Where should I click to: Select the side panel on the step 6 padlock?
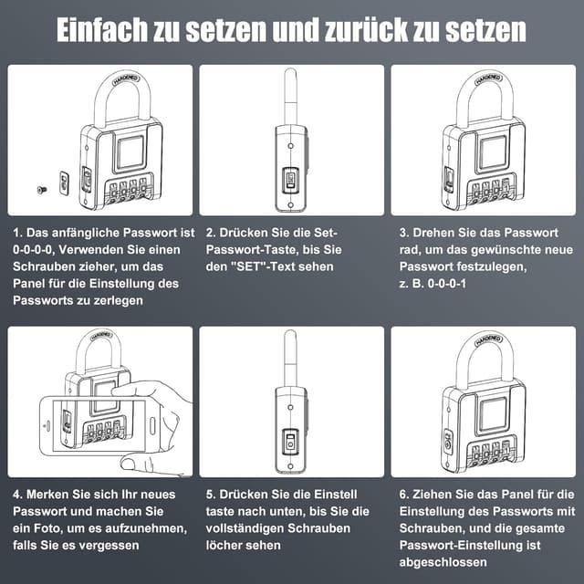(x=448, y=444)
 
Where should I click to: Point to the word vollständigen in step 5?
(x=251, y=528)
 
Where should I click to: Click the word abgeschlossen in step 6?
(x=443, y=562)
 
